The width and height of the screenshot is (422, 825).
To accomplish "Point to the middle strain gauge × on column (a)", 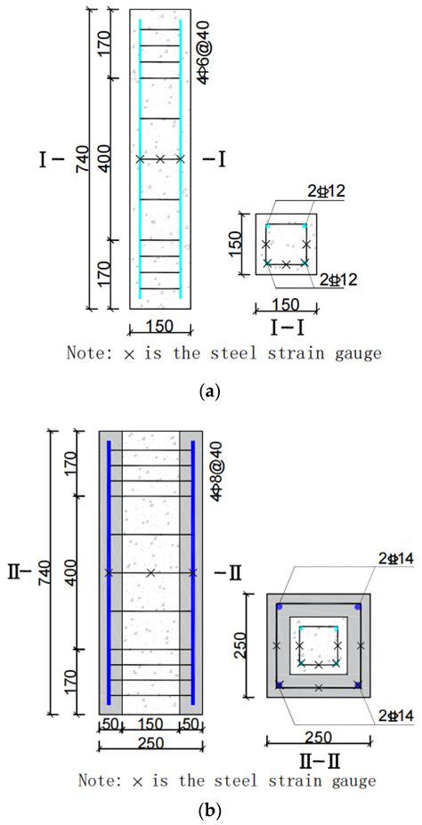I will (x=160, y=159).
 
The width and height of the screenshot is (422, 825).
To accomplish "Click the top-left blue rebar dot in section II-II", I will (x=279, y=607).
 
